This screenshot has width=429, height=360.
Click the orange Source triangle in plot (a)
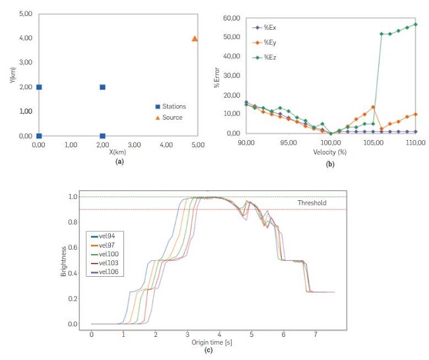coord(195,39)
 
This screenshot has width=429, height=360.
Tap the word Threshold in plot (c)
coord(312,203)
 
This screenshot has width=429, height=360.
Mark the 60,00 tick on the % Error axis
coord(231,18)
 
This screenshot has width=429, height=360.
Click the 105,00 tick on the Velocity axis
coord(374,142)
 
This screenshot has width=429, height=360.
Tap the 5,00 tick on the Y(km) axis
coord(25,14)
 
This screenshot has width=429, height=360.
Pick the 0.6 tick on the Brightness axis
coord(73,248)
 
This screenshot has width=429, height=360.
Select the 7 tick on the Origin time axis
coord(315,335)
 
